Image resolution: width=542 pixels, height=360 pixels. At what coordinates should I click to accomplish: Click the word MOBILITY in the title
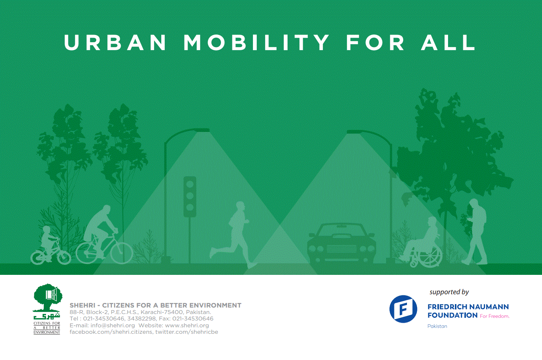(256, 43)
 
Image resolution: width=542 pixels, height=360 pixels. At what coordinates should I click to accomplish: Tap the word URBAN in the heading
(115, 43)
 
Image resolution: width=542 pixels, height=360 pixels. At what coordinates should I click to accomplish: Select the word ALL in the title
(448, 43)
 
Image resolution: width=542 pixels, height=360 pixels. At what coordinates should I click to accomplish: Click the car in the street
(342, 244)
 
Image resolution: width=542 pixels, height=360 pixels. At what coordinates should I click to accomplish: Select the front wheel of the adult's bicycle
(122, 253)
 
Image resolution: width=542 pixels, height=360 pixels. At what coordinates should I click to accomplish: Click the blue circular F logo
(403, 309)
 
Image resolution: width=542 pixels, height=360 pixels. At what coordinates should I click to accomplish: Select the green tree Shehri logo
(48, 309)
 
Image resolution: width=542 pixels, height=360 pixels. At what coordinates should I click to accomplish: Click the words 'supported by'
(449, 292)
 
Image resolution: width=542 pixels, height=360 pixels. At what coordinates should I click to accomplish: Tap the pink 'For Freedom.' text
(494, 316)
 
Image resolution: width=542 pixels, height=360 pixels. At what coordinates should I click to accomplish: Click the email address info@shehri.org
(113, 325)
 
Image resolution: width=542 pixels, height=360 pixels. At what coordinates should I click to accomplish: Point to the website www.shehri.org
(187, 325)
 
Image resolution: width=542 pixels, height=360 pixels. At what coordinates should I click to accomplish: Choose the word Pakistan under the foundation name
(437, 326)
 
